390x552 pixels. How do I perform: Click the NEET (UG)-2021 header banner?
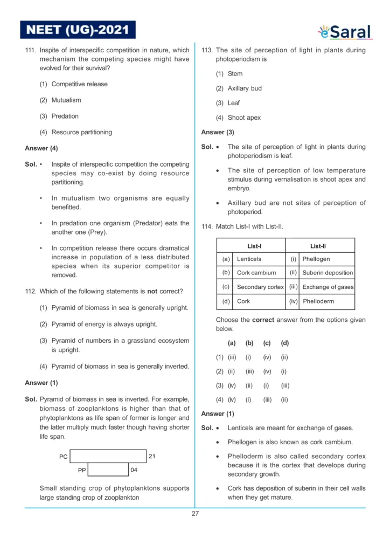(78, 30)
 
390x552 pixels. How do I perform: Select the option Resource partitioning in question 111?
(81, 132)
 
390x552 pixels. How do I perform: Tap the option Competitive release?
(79, 84)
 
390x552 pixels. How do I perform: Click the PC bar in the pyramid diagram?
(108, 456)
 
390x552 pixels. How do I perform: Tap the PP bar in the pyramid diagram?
(108, 470)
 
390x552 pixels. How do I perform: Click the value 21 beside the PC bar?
(152, 456)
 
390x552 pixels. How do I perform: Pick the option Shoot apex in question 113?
(244, 118)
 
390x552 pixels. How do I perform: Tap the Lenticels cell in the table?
(249, 259)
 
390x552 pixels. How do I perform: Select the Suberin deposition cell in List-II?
(328, 273)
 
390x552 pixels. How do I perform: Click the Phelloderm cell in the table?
(318, 301)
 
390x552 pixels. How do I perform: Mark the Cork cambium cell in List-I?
(256, 273)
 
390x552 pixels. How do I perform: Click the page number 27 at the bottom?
(195, 514)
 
